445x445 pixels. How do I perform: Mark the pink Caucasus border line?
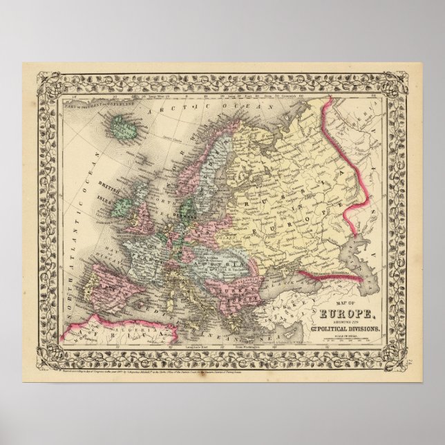[325, 271]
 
